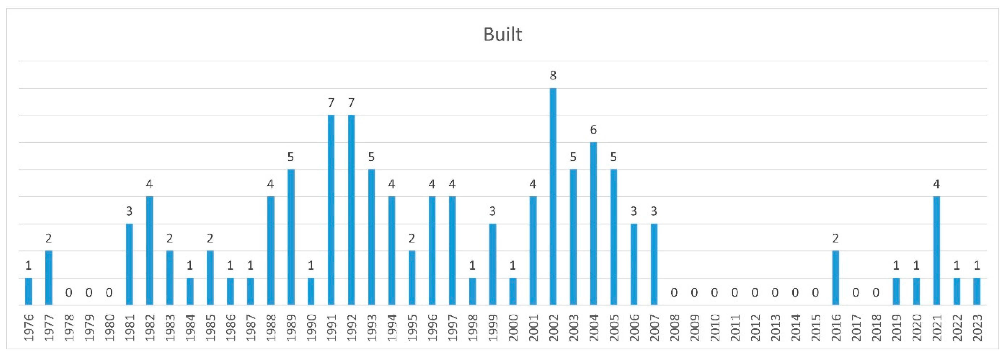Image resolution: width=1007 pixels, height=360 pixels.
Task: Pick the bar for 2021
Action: (936, 251)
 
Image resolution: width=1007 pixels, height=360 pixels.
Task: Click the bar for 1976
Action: (29, 291)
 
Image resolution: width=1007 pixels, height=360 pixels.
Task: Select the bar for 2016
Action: (835, 278)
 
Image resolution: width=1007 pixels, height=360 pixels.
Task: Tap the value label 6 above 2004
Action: (593, 130)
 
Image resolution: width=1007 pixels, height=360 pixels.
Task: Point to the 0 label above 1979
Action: (89, 292)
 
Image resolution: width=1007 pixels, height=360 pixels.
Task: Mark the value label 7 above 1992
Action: (351, 103)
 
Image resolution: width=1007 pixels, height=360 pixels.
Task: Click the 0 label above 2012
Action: (754, 292)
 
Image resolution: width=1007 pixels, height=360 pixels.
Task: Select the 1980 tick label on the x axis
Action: (109, 328)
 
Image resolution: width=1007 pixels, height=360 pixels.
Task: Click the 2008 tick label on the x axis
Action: (674, 328)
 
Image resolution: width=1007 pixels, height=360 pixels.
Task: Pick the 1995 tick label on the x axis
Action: (412, 328)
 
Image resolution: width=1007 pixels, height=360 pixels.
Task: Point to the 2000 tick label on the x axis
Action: (513, 328)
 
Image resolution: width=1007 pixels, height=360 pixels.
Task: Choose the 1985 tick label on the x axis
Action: (210, 328)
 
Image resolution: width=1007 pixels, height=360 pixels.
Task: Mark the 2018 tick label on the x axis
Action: (876, 328)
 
